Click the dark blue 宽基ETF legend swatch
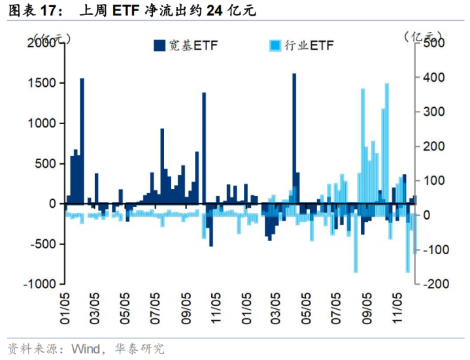point(159,45)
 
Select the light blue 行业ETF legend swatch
point(276,45)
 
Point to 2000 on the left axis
point(43,42)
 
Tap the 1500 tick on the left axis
point(43,83)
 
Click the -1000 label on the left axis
point(41,284)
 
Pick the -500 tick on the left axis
point(43,244)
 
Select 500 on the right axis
point(432,42)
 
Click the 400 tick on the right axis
point(432,77)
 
